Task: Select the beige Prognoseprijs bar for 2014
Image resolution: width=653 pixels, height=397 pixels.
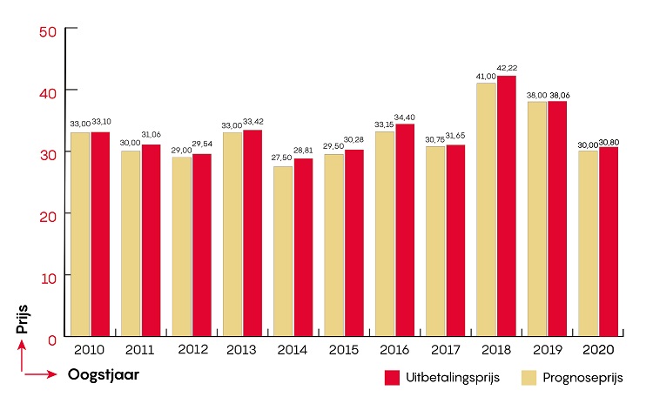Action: coord(283,251)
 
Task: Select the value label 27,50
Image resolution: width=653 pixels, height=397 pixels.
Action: coord(282,158)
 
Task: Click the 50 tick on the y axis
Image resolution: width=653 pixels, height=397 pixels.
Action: coord(49,30)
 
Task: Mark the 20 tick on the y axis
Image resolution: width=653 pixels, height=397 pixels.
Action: coord(49,214)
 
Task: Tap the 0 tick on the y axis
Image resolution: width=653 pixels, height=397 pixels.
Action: coord(53,337)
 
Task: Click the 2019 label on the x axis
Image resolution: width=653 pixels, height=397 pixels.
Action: coord(547,349)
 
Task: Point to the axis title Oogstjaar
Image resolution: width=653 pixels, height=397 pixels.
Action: coord(104,375)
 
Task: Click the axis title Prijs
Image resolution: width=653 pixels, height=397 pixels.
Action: coord(24,319)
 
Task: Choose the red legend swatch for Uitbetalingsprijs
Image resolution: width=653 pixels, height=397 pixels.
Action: coord(392,377)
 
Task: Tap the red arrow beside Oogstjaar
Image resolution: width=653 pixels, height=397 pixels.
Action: coord(39,375)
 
